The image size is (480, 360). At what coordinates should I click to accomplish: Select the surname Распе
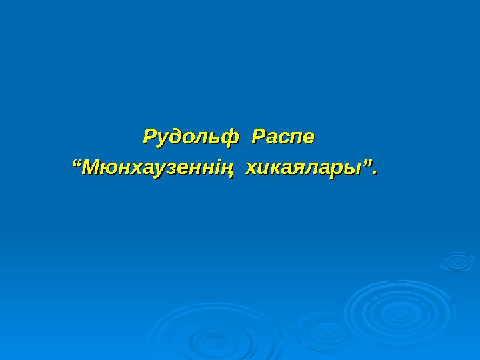point(282,138)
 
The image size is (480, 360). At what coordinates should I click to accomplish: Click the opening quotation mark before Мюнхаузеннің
point(75,163)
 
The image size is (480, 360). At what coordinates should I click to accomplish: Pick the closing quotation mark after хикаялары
point(366,163)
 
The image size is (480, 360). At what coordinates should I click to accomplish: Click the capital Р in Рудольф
point(150,138)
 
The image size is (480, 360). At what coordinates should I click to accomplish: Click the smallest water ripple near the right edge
point(457,261)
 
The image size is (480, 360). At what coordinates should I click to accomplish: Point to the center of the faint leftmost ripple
point(200,337)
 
